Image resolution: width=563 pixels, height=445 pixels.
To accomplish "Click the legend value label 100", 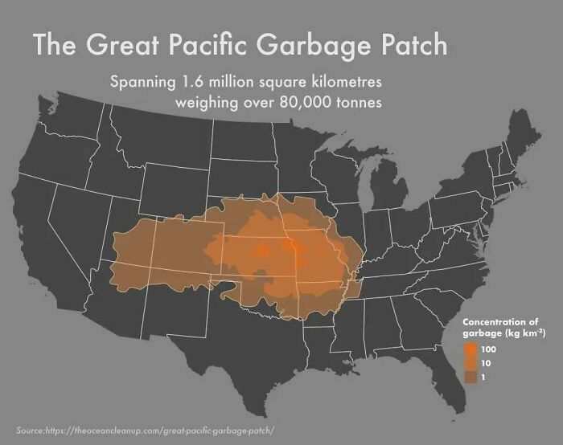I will [x=487, y=350].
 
